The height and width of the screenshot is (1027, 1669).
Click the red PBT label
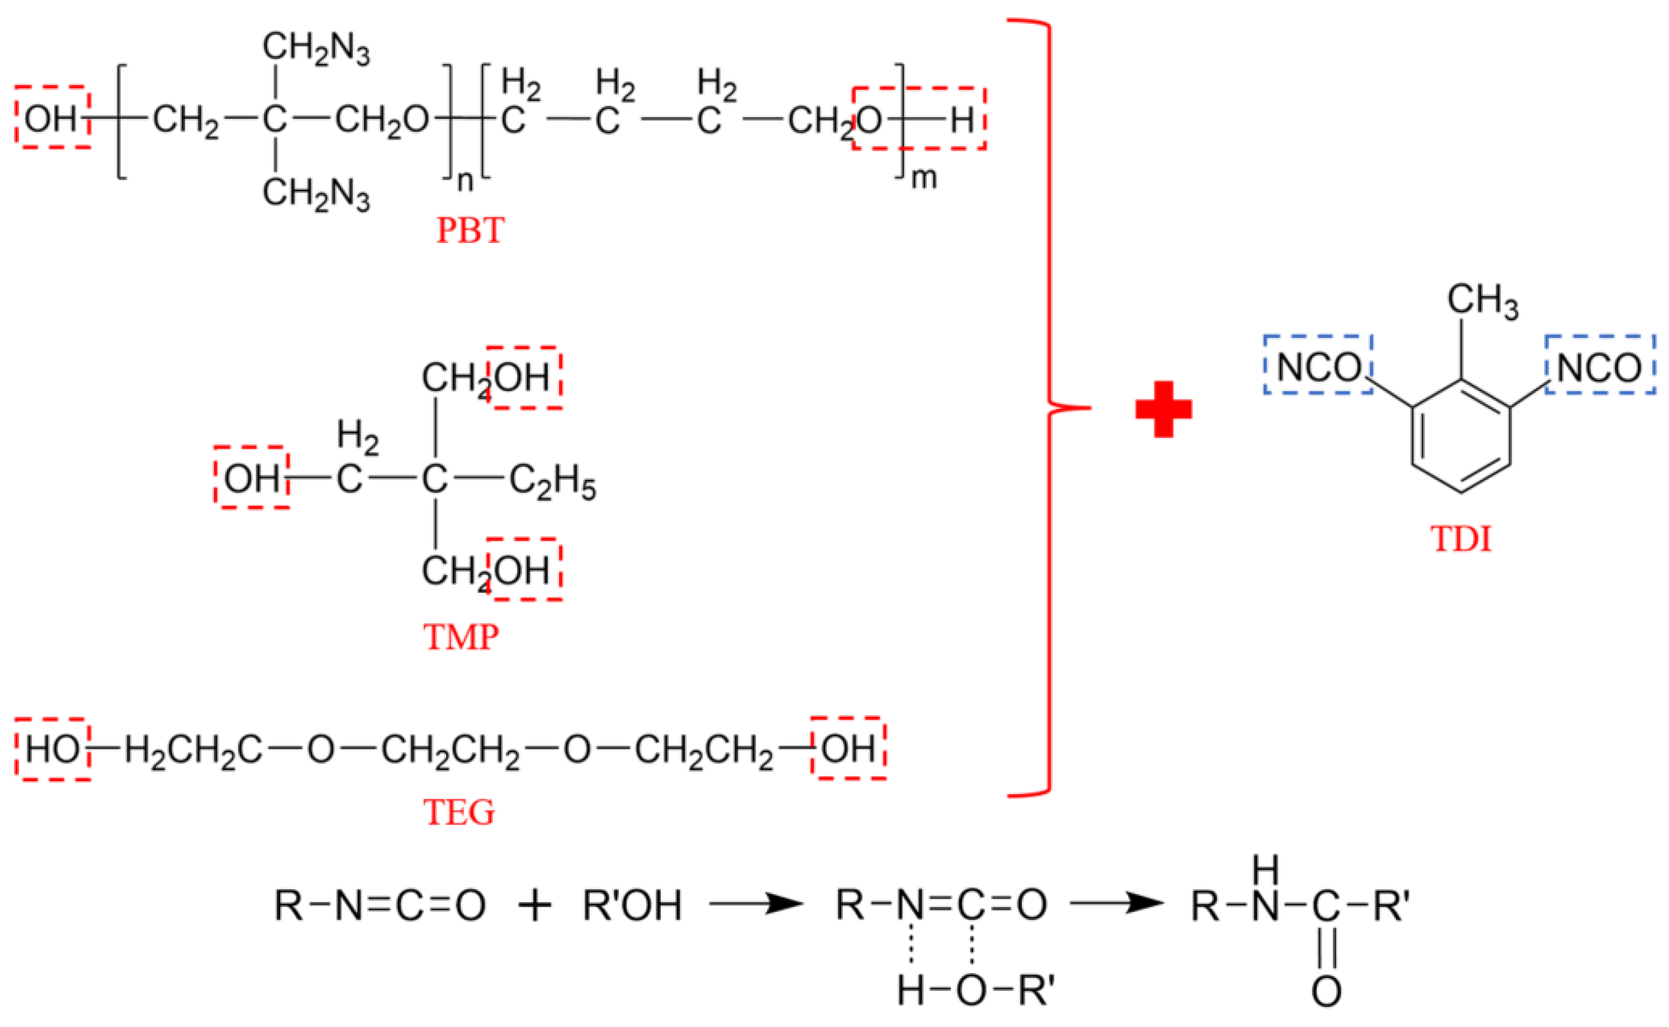[470, 231]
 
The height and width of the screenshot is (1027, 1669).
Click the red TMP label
[461, 637]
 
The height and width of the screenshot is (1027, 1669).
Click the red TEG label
[459, 812]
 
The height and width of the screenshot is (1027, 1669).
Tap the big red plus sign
[1164, 409]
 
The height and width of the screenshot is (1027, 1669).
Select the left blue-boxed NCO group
[1318, 368]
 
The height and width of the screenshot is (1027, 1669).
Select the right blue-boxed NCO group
[1600, 368]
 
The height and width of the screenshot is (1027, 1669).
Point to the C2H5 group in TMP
[552, 482]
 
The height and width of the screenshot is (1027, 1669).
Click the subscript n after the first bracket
[465, 181]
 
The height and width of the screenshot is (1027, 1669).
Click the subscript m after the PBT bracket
[923, 178]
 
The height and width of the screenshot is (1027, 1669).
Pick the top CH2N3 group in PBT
[316, 49]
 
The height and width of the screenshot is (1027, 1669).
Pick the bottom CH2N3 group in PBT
[316, 194]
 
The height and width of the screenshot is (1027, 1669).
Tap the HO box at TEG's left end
[53, 750]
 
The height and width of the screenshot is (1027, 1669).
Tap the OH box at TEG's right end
[849, 749]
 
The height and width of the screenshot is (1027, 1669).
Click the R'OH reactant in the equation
[632, 905]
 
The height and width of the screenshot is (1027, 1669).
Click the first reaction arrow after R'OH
[756, 904]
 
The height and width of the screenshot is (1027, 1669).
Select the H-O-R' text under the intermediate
[975, 991]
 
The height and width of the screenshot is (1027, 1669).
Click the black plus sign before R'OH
[535, 906]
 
